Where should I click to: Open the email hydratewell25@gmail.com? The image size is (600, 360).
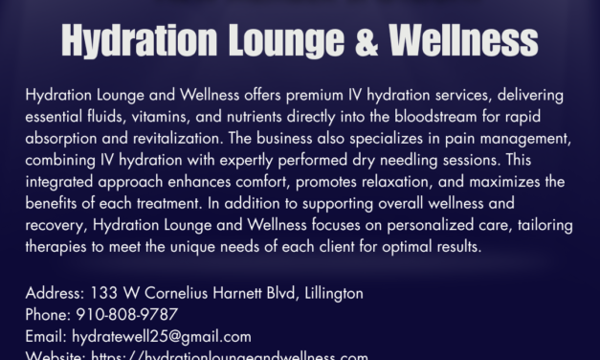(x=161, y=336)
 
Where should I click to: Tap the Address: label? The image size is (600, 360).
(x=55, y=294)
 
